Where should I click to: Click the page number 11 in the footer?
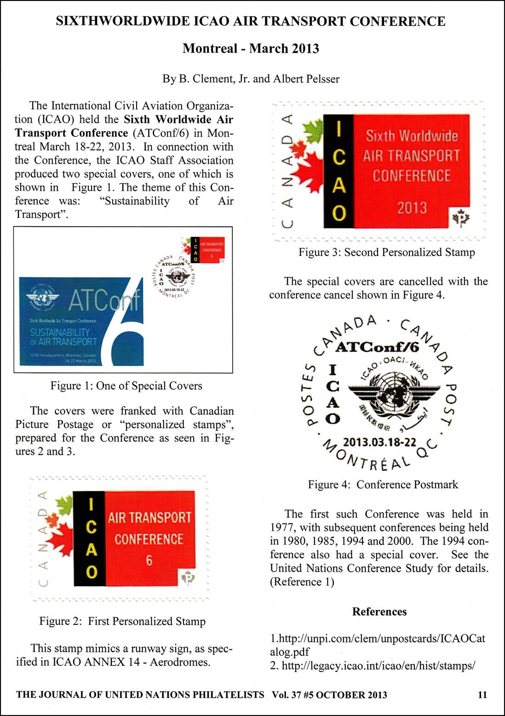point(482,694)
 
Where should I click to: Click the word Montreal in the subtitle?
point(210,48)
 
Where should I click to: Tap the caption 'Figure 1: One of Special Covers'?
point(126,385)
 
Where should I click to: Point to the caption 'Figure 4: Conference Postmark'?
point(383,484)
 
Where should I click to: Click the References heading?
point(379,611)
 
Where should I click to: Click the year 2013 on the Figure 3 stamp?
point(412,208)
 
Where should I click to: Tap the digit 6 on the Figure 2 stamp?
point(149,561)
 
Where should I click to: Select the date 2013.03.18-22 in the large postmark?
point(379,442)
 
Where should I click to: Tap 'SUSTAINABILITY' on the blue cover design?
point(60,332)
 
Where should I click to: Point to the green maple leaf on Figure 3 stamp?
point(314,130)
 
